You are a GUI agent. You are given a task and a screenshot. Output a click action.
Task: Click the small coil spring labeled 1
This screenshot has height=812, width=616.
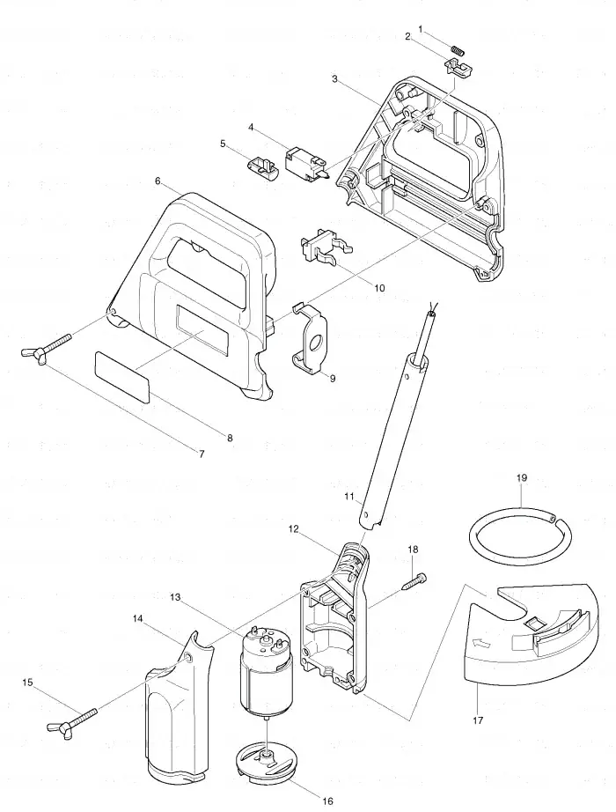[458, 50]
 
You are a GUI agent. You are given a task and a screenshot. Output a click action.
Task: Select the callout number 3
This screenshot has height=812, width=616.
[335, 78]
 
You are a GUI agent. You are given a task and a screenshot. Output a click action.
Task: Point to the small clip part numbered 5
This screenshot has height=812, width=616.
[261, 166]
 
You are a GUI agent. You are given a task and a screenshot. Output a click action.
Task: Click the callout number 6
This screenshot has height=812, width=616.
[158, 181]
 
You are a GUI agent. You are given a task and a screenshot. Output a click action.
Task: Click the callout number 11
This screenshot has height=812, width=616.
[349, 497]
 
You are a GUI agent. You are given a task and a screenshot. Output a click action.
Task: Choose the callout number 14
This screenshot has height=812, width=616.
[137, 618]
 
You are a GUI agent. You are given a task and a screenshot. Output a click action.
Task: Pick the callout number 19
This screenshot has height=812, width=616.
[521, 477]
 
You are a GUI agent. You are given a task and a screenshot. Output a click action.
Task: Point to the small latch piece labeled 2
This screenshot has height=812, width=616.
[458, 68]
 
